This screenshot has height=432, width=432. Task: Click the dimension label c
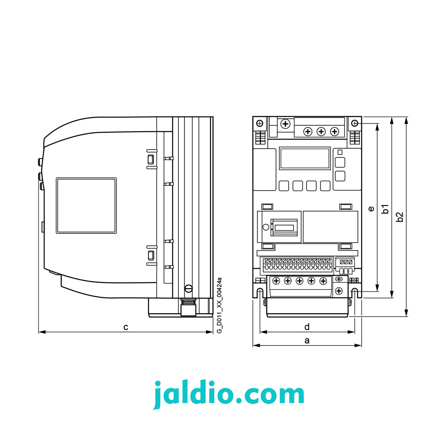pyautogui.click(x=126, y=327)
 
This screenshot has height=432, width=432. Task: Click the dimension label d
pyautogui.click(x=307, y=327)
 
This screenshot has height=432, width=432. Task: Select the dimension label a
pyautogui.click(x=307, y=340)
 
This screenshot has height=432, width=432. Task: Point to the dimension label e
pyautogui.click(x=371, y=209)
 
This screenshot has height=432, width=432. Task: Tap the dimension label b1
pyautogui.click(x=385, y=209)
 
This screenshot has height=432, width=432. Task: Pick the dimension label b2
pyautogui.click(x=400, y=217)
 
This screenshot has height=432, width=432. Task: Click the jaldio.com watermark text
pyautogui.click(x=229, y=394)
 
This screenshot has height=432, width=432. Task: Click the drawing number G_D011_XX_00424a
pyautogui.click(x=219, y=305)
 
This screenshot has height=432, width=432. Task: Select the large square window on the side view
pyautogui.click(x=86, y=206)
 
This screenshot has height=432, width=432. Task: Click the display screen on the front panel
pyautogui.click(x=305, y=159)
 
